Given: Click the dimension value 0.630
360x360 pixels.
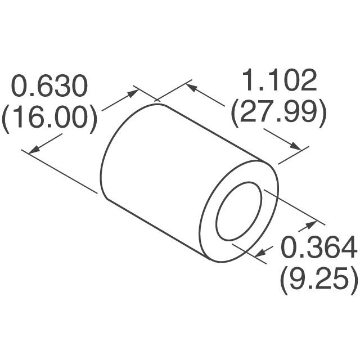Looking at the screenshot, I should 51,87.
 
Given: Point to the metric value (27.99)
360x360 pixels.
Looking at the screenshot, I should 278,112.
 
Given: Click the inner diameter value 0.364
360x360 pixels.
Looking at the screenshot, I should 318,247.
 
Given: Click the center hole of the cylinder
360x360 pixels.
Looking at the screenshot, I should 239,211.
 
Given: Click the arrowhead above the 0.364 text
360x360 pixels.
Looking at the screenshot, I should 311,225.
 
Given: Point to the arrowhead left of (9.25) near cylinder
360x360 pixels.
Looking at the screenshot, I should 260,255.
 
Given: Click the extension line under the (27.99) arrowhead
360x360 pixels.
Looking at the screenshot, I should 292,156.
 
